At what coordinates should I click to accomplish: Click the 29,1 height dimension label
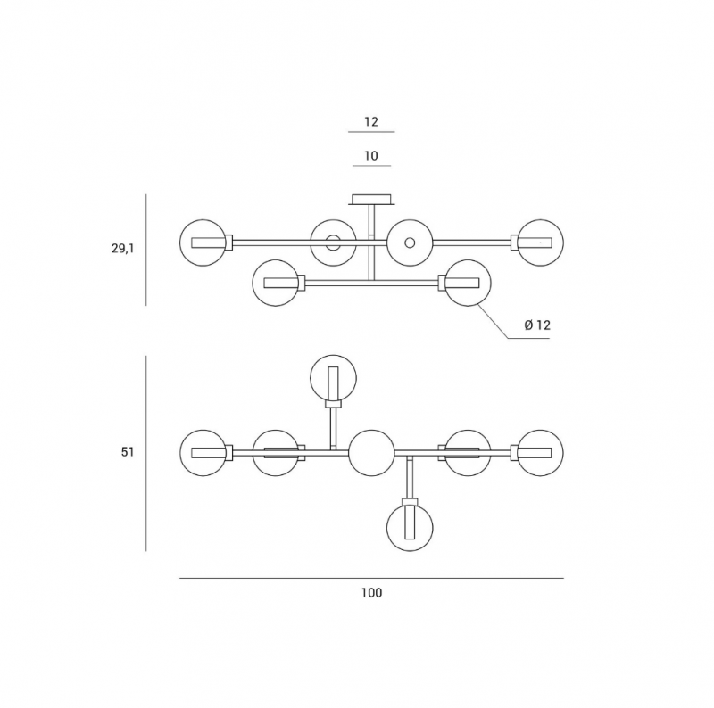(123, 249)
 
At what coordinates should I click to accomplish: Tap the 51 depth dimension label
(128, 452)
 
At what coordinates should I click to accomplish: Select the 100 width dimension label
(371, 592)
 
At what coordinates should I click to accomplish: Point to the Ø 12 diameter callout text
(537, 325)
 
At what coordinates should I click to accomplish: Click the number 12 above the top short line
(371, 121)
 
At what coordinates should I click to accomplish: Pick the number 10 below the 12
(371, 156)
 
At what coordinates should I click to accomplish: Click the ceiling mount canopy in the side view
(371, 200)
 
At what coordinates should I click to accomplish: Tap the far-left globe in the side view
(203, 219)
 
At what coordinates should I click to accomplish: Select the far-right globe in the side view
(541, 219)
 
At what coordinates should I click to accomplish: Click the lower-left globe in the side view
(276, 259)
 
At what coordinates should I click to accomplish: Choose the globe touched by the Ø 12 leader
(468, 259)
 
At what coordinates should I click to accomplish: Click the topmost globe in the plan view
(333, 356)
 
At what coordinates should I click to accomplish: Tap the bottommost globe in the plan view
(410, 551)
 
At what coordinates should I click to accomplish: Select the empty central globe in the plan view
(371, 430)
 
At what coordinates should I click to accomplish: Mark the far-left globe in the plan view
(203, 430)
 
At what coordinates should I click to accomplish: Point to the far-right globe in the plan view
(541, 430)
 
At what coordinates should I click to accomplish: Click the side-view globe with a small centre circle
(410, 219)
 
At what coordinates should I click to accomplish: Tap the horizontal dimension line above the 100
(371, 579)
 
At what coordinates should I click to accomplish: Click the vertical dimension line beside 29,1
(145, 251)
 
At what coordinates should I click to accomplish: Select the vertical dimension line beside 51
(145, 454)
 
